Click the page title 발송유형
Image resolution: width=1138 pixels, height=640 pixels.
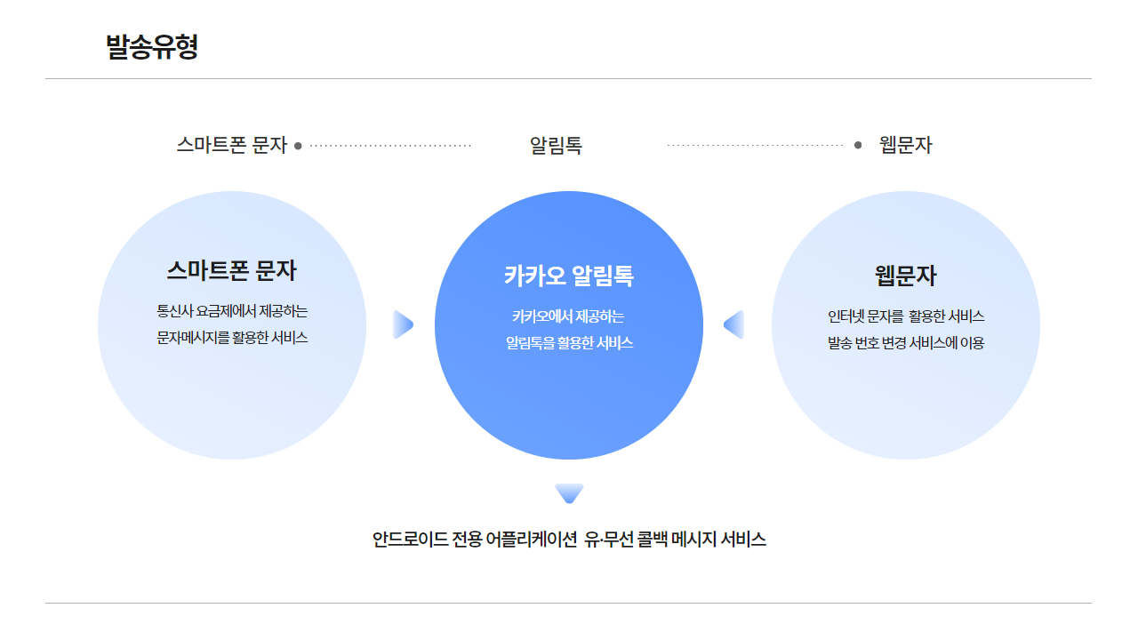[x=151, y=46]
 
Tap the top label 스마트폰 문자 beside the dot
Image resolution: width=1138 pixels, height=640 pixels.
[x=231, y=145]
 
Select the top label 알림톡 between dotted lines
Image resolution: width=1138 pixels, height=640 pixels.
[x=556, y=146]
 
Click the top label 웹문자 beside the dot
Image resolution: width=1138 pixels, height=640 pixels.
[x=905, y=145]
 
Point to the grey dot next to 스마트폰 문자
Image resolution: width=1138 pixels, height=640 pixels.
[x=298, y=146]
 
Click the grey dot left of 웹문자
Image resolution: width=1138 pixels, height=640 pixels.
[x=858, y=145]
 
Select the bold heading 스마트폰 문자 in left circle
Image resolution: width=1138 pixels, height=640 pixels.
[x=231, y=270]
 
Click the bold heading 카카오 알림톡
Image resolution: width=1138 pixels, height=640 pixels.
[x=569, y=276]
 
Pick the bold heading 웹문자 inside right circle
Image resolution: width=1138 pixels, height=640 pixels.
[x=905, y=276]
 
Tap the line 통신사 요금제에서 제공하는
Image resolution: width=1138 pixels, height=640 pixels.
[x=232, y=311]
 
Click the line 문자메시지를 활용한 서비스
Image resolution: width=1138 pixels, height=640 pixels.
[x=232, y=338]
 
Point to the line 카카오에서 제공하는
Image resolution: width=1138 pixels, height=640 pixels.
[x=568, y=316]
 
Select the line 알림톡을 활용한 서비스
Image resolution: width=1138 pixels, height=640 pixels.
[x=569, y=342]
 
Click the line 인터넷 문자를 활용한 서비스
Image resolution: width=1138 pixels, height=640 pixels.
[x=905, y=316]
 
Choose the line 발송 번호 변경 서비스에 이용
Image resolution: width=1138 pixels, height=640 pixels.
[x=905, y=342]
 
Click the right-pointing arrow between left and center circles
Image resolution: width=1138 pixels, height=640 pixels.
[x=403, y=324]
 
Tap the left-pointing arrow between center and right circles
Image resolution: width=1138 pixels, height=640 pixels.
[x=734, y=324]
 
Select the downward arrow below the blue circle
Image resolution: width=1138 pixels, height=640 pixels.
[x=569, y=492]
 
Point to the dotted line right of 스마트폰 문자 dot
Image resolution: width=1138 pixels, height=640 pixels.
[x=391, y=146]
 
